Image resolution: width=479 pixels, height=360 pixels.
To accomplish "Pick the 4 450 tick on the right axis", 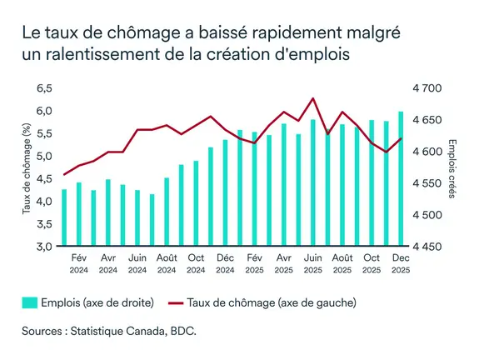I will click(428, 247).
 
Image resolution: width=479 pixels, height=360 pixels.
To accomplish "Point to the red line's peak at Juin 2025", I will click(312, 98).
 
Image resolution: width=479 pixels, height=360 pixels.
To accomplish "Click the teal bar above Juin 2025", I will click(312, 183).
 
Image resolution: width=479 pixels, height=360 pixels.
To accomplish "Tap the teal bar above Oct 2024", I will click(196, 203).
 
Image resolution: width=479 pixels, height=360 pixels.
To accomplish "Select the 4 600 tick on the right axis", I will click(428, 152).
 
